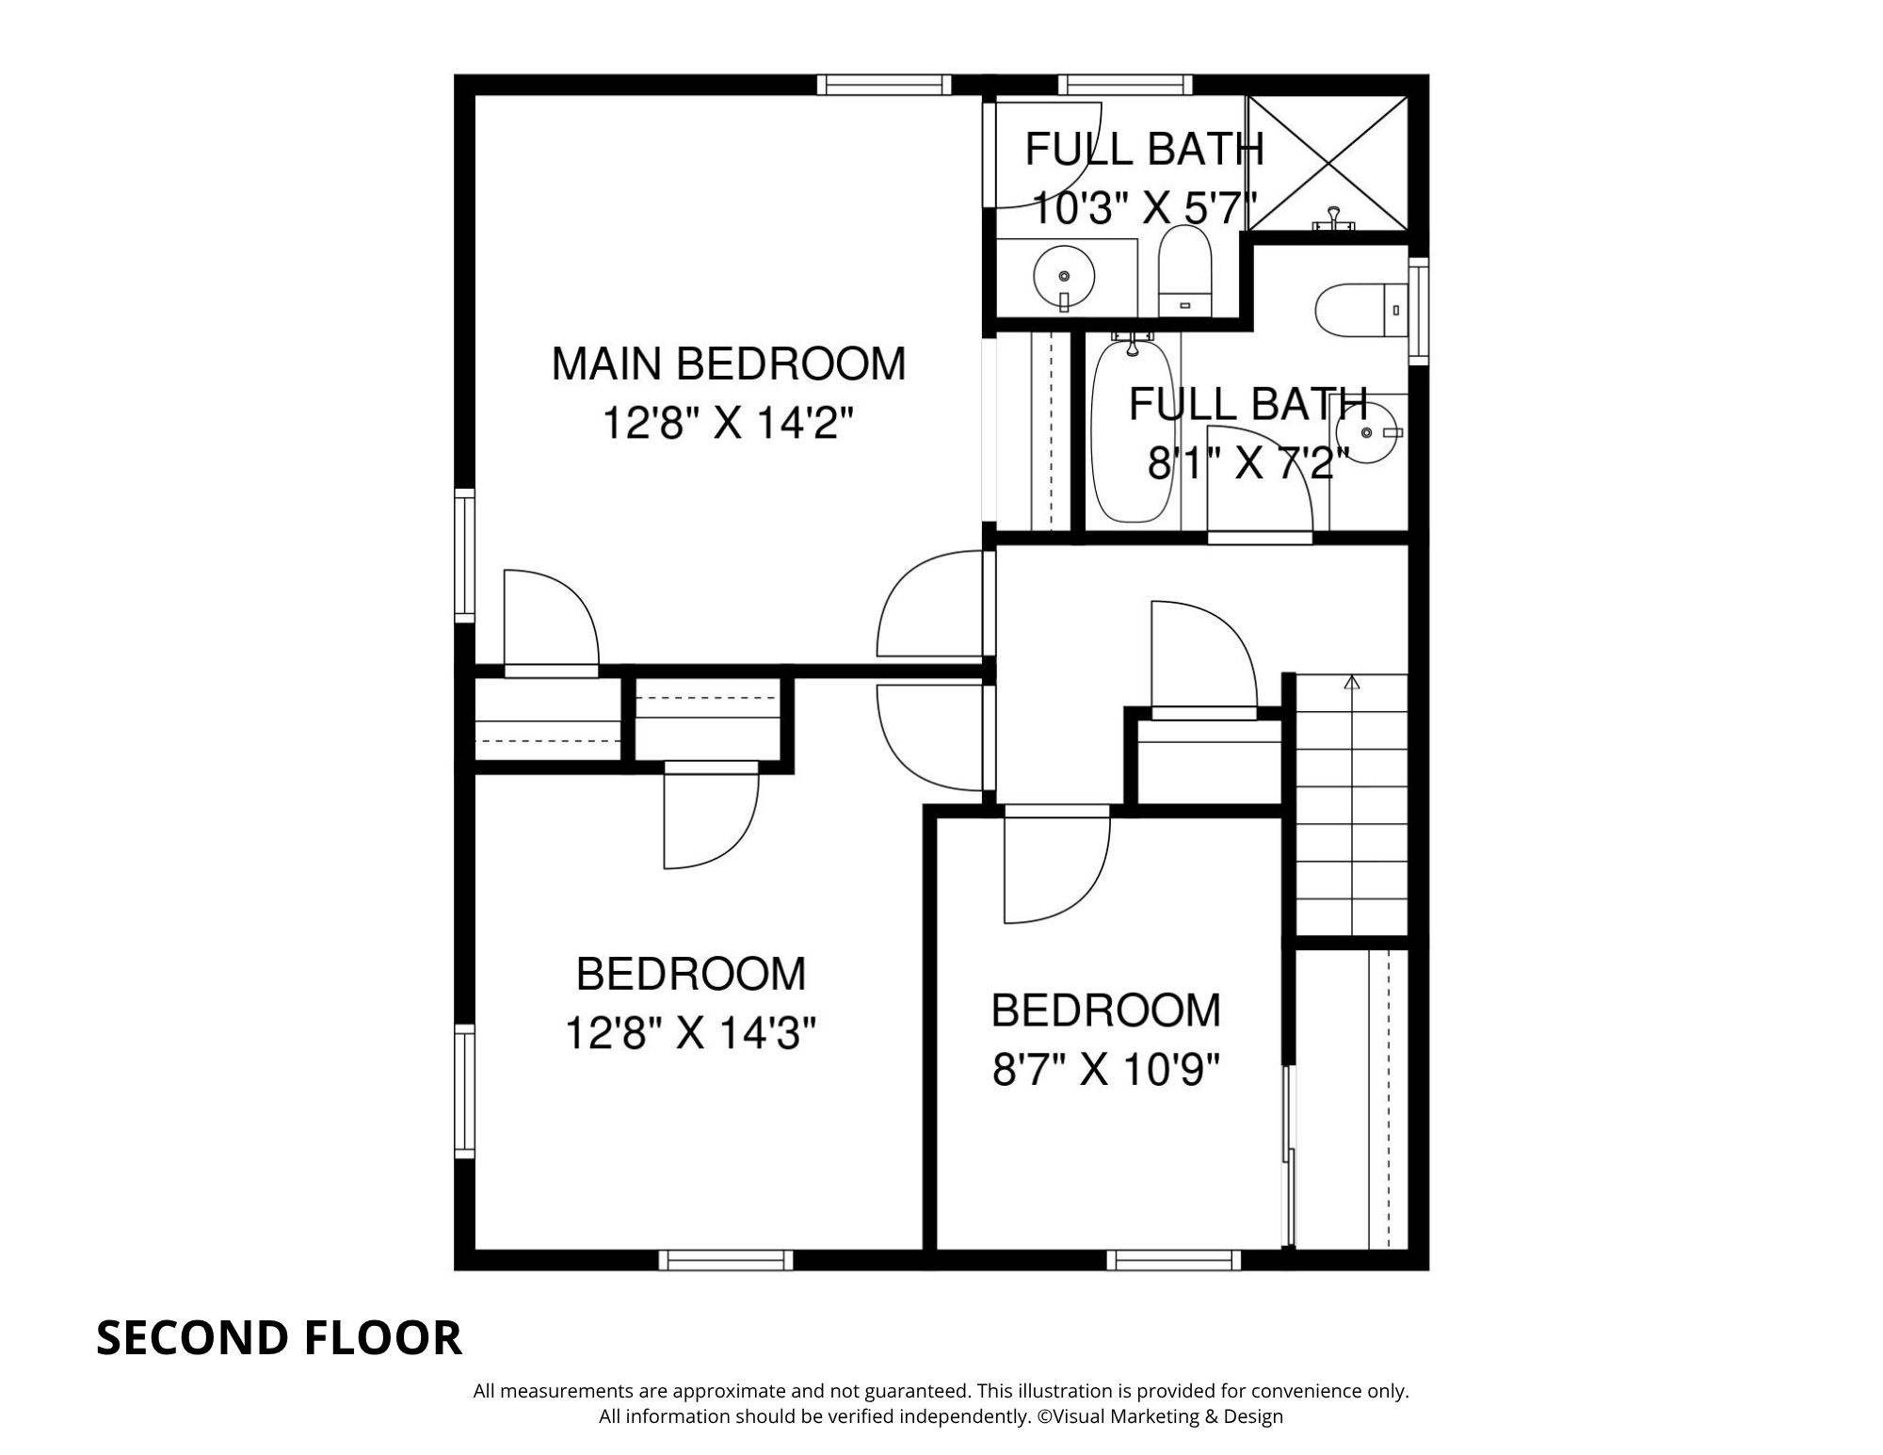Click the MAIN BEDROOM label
728,364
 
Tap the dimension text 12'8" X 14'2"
728,424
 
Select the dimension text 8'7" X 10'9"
1106,1070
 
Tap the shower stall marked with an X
1328,162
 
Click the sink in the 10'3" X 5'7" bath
1064,277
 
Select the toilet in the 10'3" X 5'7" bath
1184,271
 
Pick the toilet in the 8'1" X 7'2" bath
1356,310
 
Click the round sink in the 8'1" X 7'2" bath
1367,432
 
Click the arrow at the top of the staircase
1353,683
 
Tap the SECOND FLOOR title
279,1337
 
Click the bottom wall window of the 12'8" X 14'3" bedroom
725,1260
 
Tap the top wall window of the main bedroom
883,85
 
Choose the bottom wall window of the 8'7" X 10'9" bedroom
1173,1260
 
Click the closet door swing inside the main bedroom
548,620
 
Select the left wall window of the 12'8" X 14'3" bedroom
464,1091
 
